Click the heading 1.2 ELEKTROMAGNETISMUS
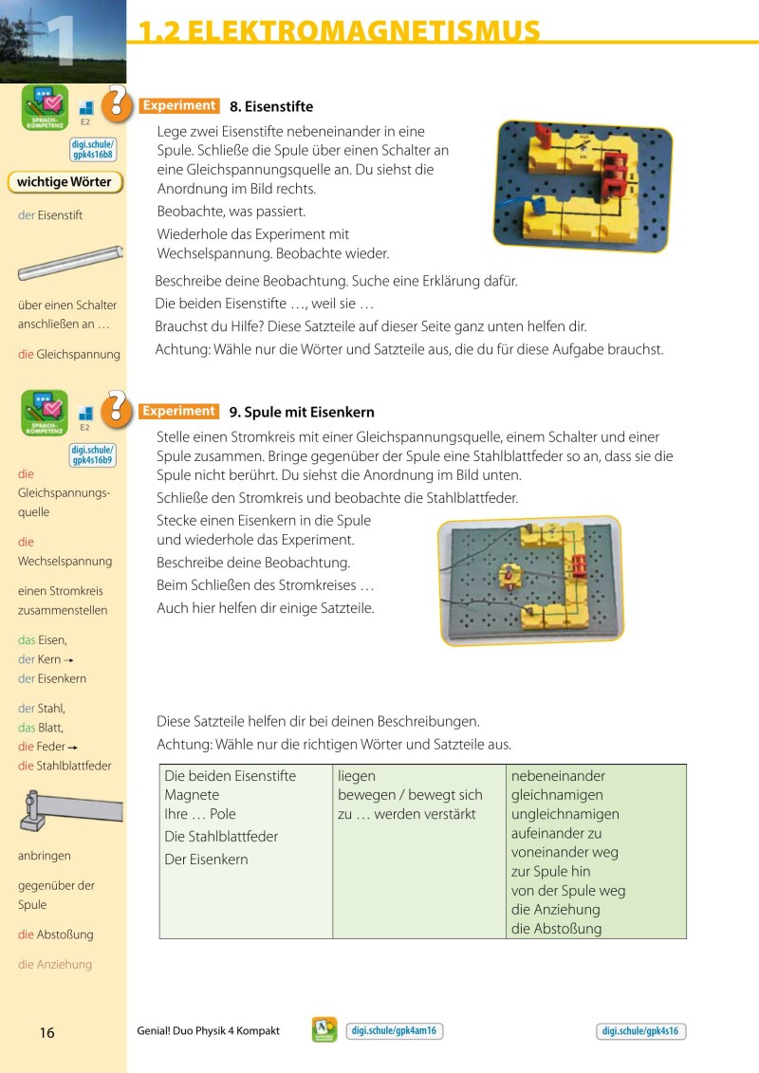pos(340,30)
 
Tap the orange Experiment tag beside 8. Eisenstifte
pos(179,106)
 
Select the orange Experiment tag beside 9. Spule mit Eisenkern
pos(179,412)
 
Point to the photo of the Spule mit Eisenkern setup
pos(529,580)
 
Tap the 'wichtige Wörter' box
pos(65,182)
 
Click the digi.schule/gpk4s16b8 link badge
pos(92,149)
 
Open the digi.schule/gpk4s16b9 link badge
pos(92,454)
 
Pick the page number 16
pos(47,1033)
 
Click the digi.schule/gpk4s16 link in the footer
pos(641,1032)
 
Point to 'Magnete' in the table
pos(192,795)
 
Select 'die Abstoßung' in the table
pos(556,929)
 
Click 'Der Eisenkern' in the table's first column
pos(206,860)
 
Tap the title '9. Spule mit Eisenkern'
pos(302,413)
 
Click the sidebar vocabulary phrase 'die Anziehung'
pos(55,965)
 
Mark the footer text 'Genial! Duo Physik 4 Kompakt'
pos(209,1031)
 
